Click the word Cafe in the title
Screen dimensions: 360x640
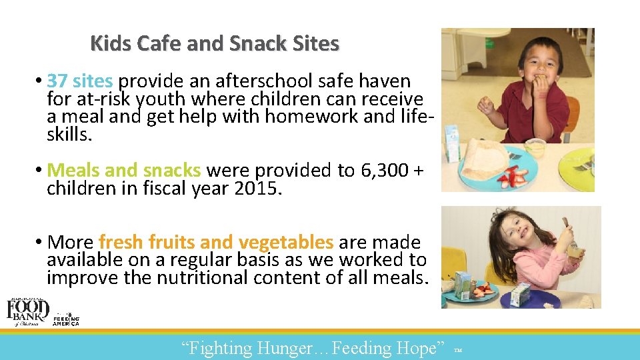point(160,44)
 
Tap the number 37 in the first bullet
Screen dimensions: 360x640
point(57,81)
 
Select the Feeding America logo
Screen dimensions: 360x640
point(66,319)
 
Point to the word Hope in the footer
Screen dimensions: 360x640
point(422,348)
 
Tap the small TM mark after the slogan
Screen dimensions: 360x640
point(457,350)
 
